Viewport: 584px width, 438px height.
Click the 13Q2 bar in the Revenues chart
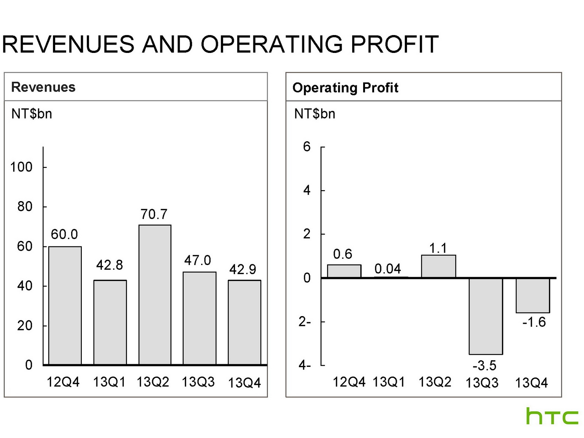(x=155, y=295)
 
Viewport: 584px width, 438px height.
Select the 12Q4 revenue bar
(x=65, y=306)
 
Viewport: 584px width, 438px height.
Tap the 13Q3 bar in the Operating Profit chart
(x=486, y=316)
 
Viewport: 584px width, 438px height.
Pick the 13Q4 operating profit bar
(x=533, y=295)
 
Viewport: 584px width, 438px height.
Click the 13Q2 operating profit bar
(x=438, y=266)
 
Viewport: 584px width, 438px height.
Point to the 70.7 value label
(x=154, y=214)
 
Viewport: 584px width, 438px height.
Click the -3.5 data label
(x=484, y=365)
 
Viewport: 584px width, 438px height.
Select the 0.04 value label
(x=388, y=269)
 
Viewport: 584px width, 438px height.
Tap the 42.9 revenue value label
(x=243, y=269)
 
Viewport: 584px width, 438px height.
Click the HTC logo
(x=552, y=416)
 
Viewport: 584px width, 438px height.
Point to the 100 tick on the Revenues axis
(x=21, y=167)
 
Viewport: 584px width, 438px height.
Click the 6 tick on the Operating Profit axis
(x=307, y=147)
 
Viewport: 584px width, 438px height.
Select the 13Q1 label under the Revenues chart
(x=109, y=382)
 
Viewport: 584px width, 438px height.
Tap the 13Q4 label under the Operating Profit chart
(x=531, y=383)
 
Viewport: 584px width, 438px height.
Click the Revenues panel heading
(x=43, y=87)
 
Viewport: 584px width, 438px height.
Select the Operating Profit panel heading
(x=345, y=88)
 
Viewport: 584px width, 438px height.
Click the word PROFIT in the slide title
(x=395, y=45)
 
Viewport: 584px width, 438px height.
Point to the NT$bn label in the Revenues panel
(x=32, y=114)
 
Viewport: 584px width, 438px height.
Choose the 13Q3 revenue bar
(x=199, y=318)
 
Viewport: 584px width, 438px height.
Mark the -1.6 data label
(x=534, y=322)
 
